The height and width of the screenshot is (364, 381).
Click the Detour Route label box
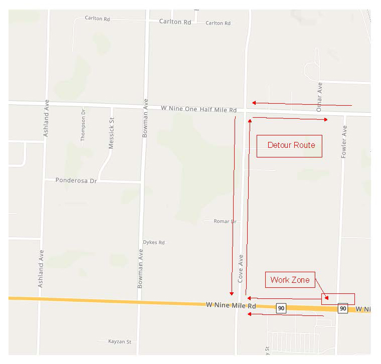[289, 145]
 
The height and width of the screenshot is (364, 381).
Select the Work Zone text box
[290, 280]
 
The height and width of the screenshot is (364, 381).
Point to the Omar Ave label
[319, 97]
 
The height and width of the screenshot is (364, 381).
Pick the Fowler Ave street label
[344, 142]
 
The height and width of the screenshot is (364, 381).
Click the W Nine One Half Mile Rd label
[199, 109]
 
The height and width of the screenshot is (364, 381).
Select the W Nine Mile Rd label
[231, 305]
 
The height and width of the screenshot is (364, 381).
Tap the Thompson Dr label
[84, 124]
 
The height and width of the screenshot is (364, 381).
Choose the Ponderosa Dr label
[76, 180]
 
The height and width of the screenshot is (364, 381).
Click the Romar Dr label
[225, 221]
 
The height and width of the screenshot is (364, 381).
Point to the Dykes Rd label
[154, 242]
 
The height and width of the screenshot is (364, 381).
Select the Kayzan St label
[119, 341]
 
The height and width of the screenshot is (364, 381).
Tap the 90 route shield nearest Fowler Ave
[342, 308]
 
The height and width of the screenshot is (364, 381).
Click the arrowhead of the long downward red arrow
[232, 293]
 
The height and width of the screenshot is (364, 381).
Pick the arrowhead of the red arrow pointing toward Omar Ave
[326, 120]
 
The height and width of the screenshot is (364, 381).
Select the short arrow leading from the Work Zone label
[321, 293]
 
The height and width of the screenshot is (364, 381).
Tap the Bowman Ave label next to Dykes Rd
[141, 269]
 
